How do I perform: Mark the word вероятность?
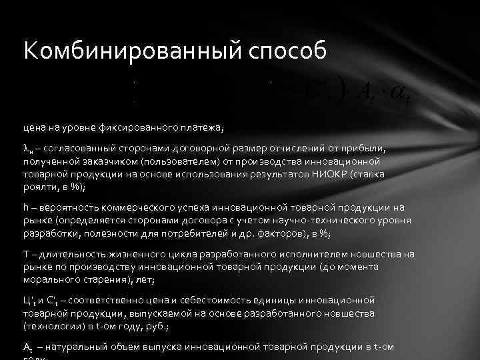pos(65,208)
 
